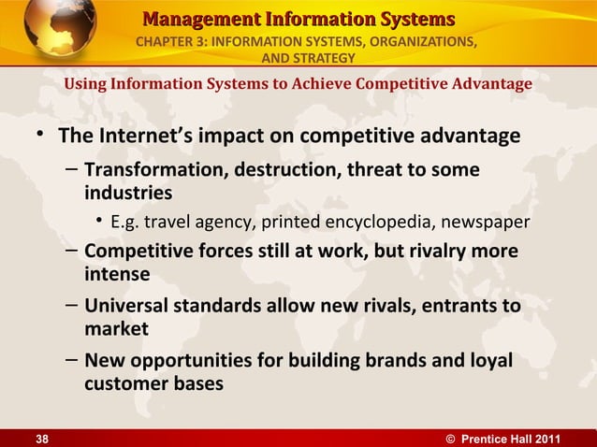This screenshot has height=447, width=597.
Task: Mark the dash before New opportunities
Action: point(72,360)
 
